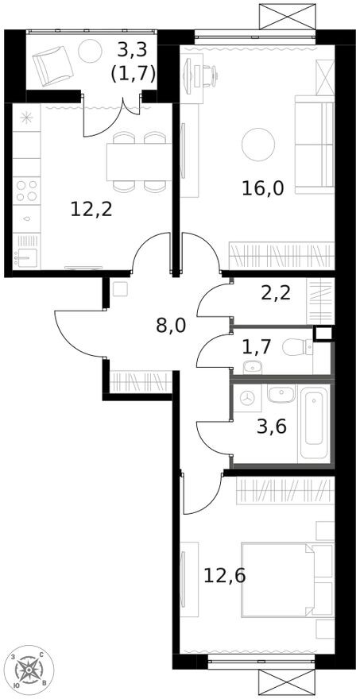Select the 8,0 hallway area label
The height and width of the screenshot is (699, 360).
tap(171, 324)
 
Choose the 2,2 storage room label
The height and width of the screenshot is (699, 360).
tap(275, 292)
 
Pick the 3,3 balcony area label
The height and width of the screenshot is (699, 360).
tap(133, 50)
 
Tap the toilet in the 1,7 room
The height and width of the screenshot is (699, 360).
tap(302, 347)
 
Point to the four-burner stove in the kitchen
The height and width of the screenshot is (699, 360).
tap(26, 191)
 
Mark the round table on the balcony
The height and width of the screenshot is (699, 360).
tap(90, 50)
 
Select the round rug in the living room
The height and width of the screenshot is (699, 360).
tap(258, 144)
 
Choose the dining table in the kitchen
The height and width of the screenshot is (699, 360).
tap(139, 162)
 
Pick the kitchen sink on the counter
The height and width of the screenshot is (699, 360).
tap(26, 257)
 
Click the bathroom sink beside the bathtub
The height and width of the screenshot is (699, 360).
tap(280, 394)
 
